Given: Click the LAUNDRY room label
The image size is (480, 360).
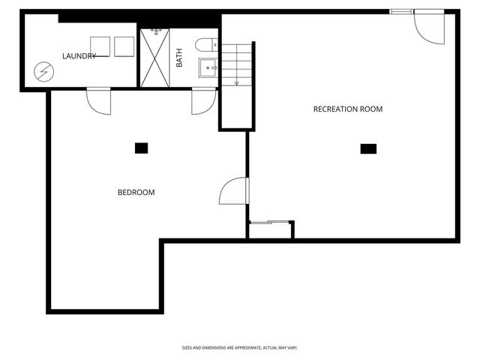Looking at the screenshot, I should coord(79,56).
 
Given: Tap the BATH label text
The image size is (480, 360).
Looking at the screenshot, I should coord(179,58).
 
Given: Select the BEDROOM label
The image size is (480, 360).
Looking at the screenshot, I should coord(136,193).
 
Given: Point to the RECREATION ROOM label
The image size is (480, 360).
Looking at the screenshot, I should coord(347,109).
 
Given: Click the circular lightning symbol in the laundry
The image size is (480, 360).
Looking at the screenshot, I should coord(44,72).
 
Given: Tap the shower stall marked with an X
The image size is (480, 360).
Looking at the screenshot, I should coord(157,58).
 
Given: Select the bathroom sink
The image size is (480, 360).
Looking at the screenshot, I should coord(208,68).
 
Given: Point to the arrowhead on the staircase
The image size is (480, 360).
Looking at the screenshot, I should coord(237,82).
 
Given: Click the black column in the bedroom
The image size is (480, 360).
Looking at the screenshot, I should coord(141,148).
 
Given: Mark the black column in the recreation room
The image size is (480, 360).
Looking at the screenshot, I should coord(368,148).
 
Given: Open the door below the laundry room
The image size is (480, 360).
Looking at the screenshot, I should coord(99,100).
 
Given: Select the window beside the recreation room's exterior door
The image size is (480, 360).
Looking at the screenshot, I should coord(400,10).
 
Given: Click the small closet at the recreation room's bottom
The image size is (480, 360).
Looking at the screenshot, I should coord(271,230).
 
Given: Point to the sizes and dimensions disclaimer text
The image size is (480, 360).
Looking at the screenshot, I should coord(240,347).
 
